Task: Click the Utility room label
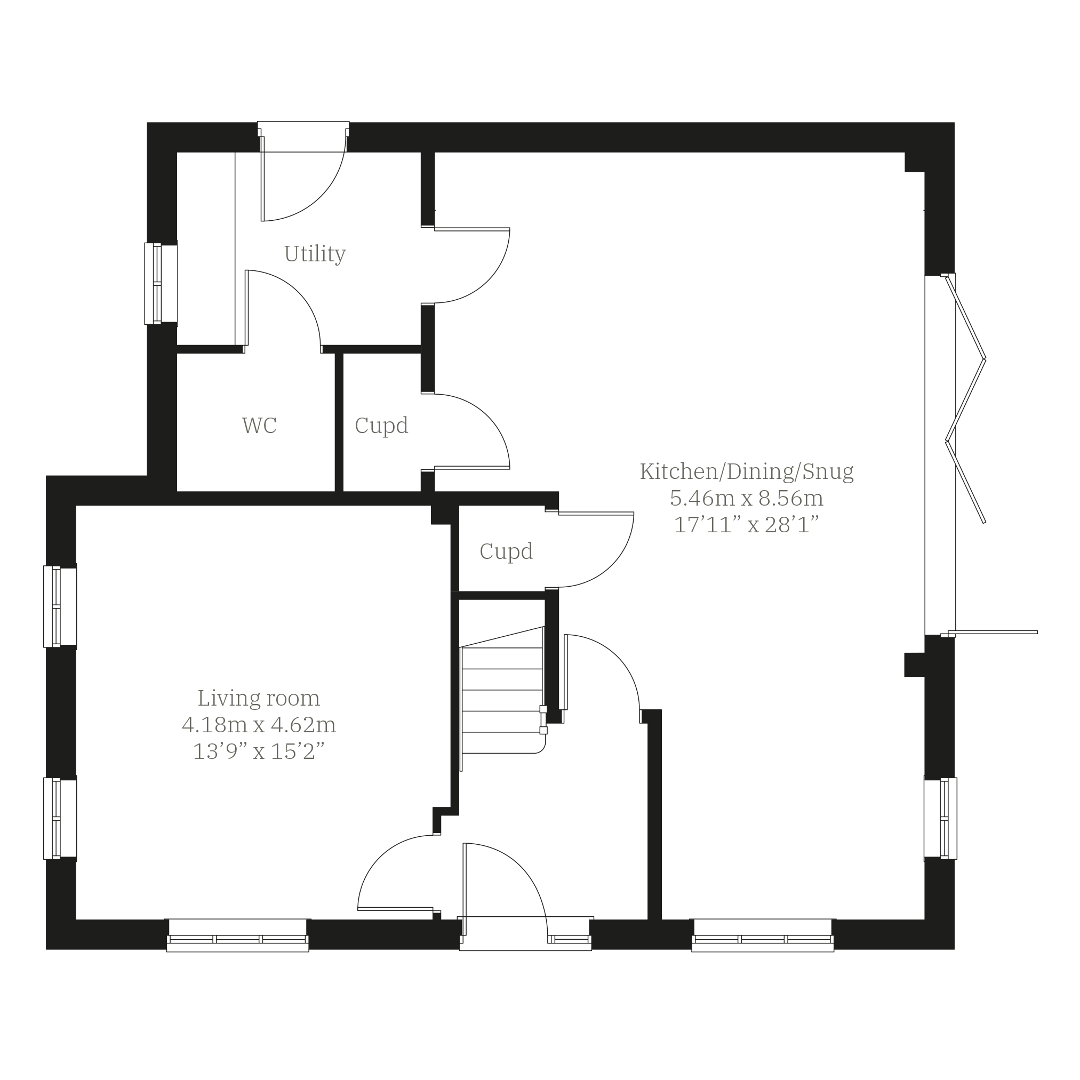[x=315, y=254]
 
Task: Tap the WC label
[x=259, y=426]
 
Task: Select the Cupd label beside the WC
[x=381, y=426]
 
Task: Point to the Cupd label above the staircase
[x=506, y=552]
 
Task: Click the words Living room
[x=259, y=698]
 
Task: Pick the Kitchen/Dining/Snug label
[x=747, y=472]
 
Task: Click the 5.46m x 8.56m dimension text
[x=747, y=498]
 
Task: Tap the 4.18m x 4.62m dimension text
[x=259, y=725]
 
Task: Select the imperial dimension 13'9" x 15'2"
[x=259, y=753]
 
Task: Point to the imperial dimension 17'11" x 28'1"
[x=747, y=525]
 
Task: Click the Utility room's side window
[x=161, y=283]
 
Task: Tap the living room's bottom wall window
[x=237, y=935]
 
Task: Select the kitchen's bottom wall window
[x=763, y=935]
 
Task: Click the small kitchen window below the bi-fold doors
[x=940, y=818]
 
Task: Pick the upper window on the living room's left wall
[x=60, y=606]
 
